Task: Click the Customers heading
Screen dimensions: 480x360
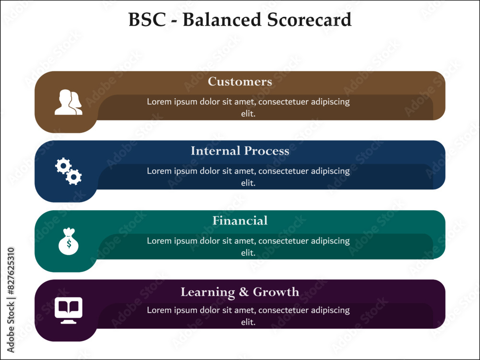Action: pyautogui.click(x=240, y=82)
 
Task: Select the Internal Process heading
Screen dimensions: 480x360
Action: pyautogui.click(x=240, y=151)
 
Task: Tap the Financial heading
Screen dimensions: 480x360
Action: pyautogui.click(x=240, y=220)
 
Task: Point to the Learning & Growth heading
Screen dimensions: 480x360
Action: pyautogui.click(x=240, y=292)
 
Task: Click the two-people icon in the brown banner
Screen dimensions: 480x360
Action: pyautogui.click(x=68, y=102)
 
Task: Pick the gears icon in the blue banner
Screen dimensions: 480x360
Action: pyautogui.click(x=69, y=171)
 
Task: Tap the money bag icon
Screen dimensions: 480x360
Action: pyautogui.click(x=69, y=241)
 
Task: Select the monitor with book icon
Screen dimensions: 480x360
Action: pyautogui.click(x=69, y=311)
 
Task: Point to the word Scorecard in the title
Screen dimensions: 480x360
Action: pyautogui.click(x=310, y=20)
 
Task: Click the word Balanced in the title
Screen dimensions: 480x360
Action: pyautogui.click(x=222, y=20)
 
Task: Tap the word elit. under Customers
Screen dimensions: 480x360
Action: pyautogui.click(x=248, y=114)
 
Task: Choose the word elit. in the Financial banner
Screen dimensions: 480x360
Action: pyautogui.click(x=248, y=253)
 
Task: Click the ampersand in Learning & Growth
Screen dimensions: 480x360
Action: pyautogui.click(x=244, y=292)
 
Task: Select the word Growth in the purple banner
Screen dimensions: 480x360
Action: pyautogui.click(x=276, y=292)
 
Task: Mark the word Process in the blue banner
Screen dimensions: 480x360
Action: pyautogui.click(x=266, y=151)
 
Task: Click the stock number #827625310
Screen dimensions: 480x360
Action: pyautogui.click(x=11, y=271)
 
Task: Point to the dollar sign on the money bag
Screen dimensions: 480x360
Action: pyautogui.click(x=69, y=244)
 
